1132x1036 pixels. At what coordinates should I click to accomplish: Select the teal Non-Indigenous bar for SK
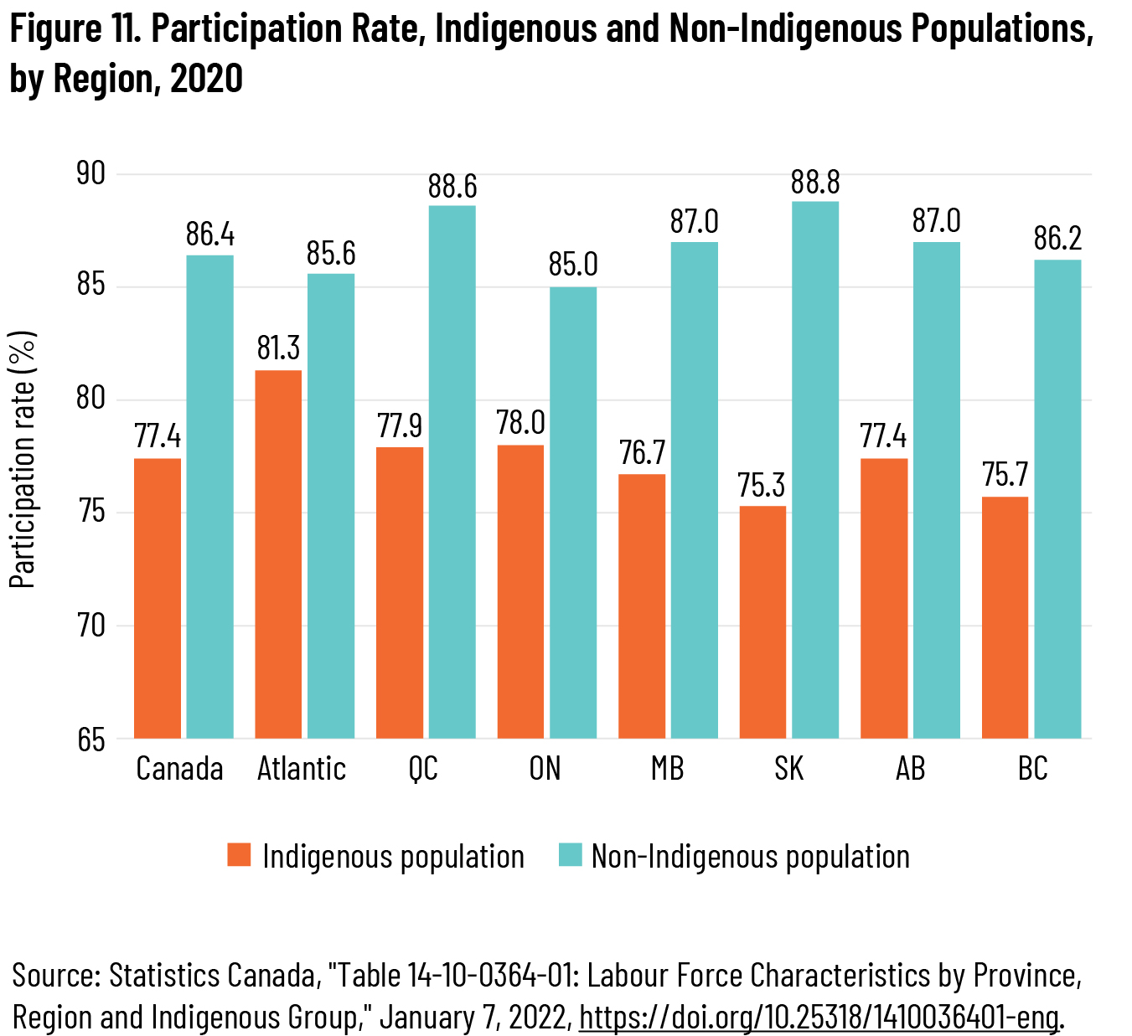[815, 469]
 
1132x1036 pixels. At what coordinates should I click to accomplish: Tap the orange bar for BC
[1005, 617]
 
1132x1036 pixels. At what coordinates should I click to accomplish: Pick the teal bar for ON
[573, 513]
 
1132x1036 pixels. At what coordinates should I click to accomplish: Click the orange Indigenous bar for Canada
[158, 598]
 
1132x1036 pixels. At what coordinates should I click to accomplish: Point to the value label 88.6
[452, 187]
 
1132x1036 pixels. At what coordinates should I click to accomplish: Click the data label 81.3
[278, 348]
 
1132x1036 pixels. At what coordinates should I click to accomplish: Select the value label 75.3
[762, 486]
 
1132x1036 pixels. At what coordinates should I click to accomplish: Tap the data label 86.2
[1057, 239]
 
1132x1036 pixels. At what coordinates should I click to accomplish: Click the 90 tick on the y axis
[90, 174]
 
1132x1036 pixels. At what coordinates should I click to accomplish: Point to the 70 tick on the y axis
[90, 626]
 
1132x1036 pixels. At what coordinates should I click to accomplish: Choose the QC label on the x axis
[423, 768]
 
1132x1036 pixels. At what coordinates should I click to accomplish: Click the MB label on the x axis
[667, 768]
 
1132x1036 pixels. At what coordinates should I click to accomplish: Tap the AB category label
[910, 768]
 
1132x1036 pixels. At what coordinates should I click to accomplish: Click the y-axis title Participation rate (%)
[23, 460]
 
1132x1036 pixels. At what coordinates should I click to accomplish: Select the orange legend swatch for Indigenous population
[240, 855]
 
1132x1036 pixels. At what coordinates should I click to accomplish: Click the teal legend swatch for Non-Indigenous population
[570, 855]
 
